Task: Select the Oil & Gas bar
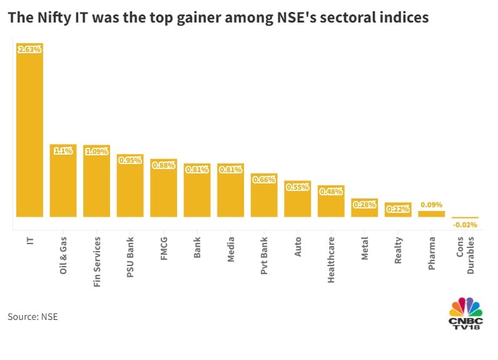[63, 181]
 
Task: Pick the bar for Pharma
[432, 213]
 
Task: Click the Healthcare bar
[331, 201]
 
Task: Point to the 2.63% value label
[29, 49]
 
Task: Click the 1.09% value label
[96, 151]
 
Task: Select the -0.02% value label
[465, 225]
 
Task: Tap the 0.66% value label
[264, 179]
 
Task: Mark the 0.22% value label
[398, 209]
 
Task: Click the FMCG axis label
[164, 249]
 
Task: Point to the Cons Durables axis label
[465, 253]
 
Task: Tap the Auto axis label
[298, 247]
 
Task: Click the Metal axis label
[365, 249]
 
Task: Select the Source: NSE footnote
[33, 317]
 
